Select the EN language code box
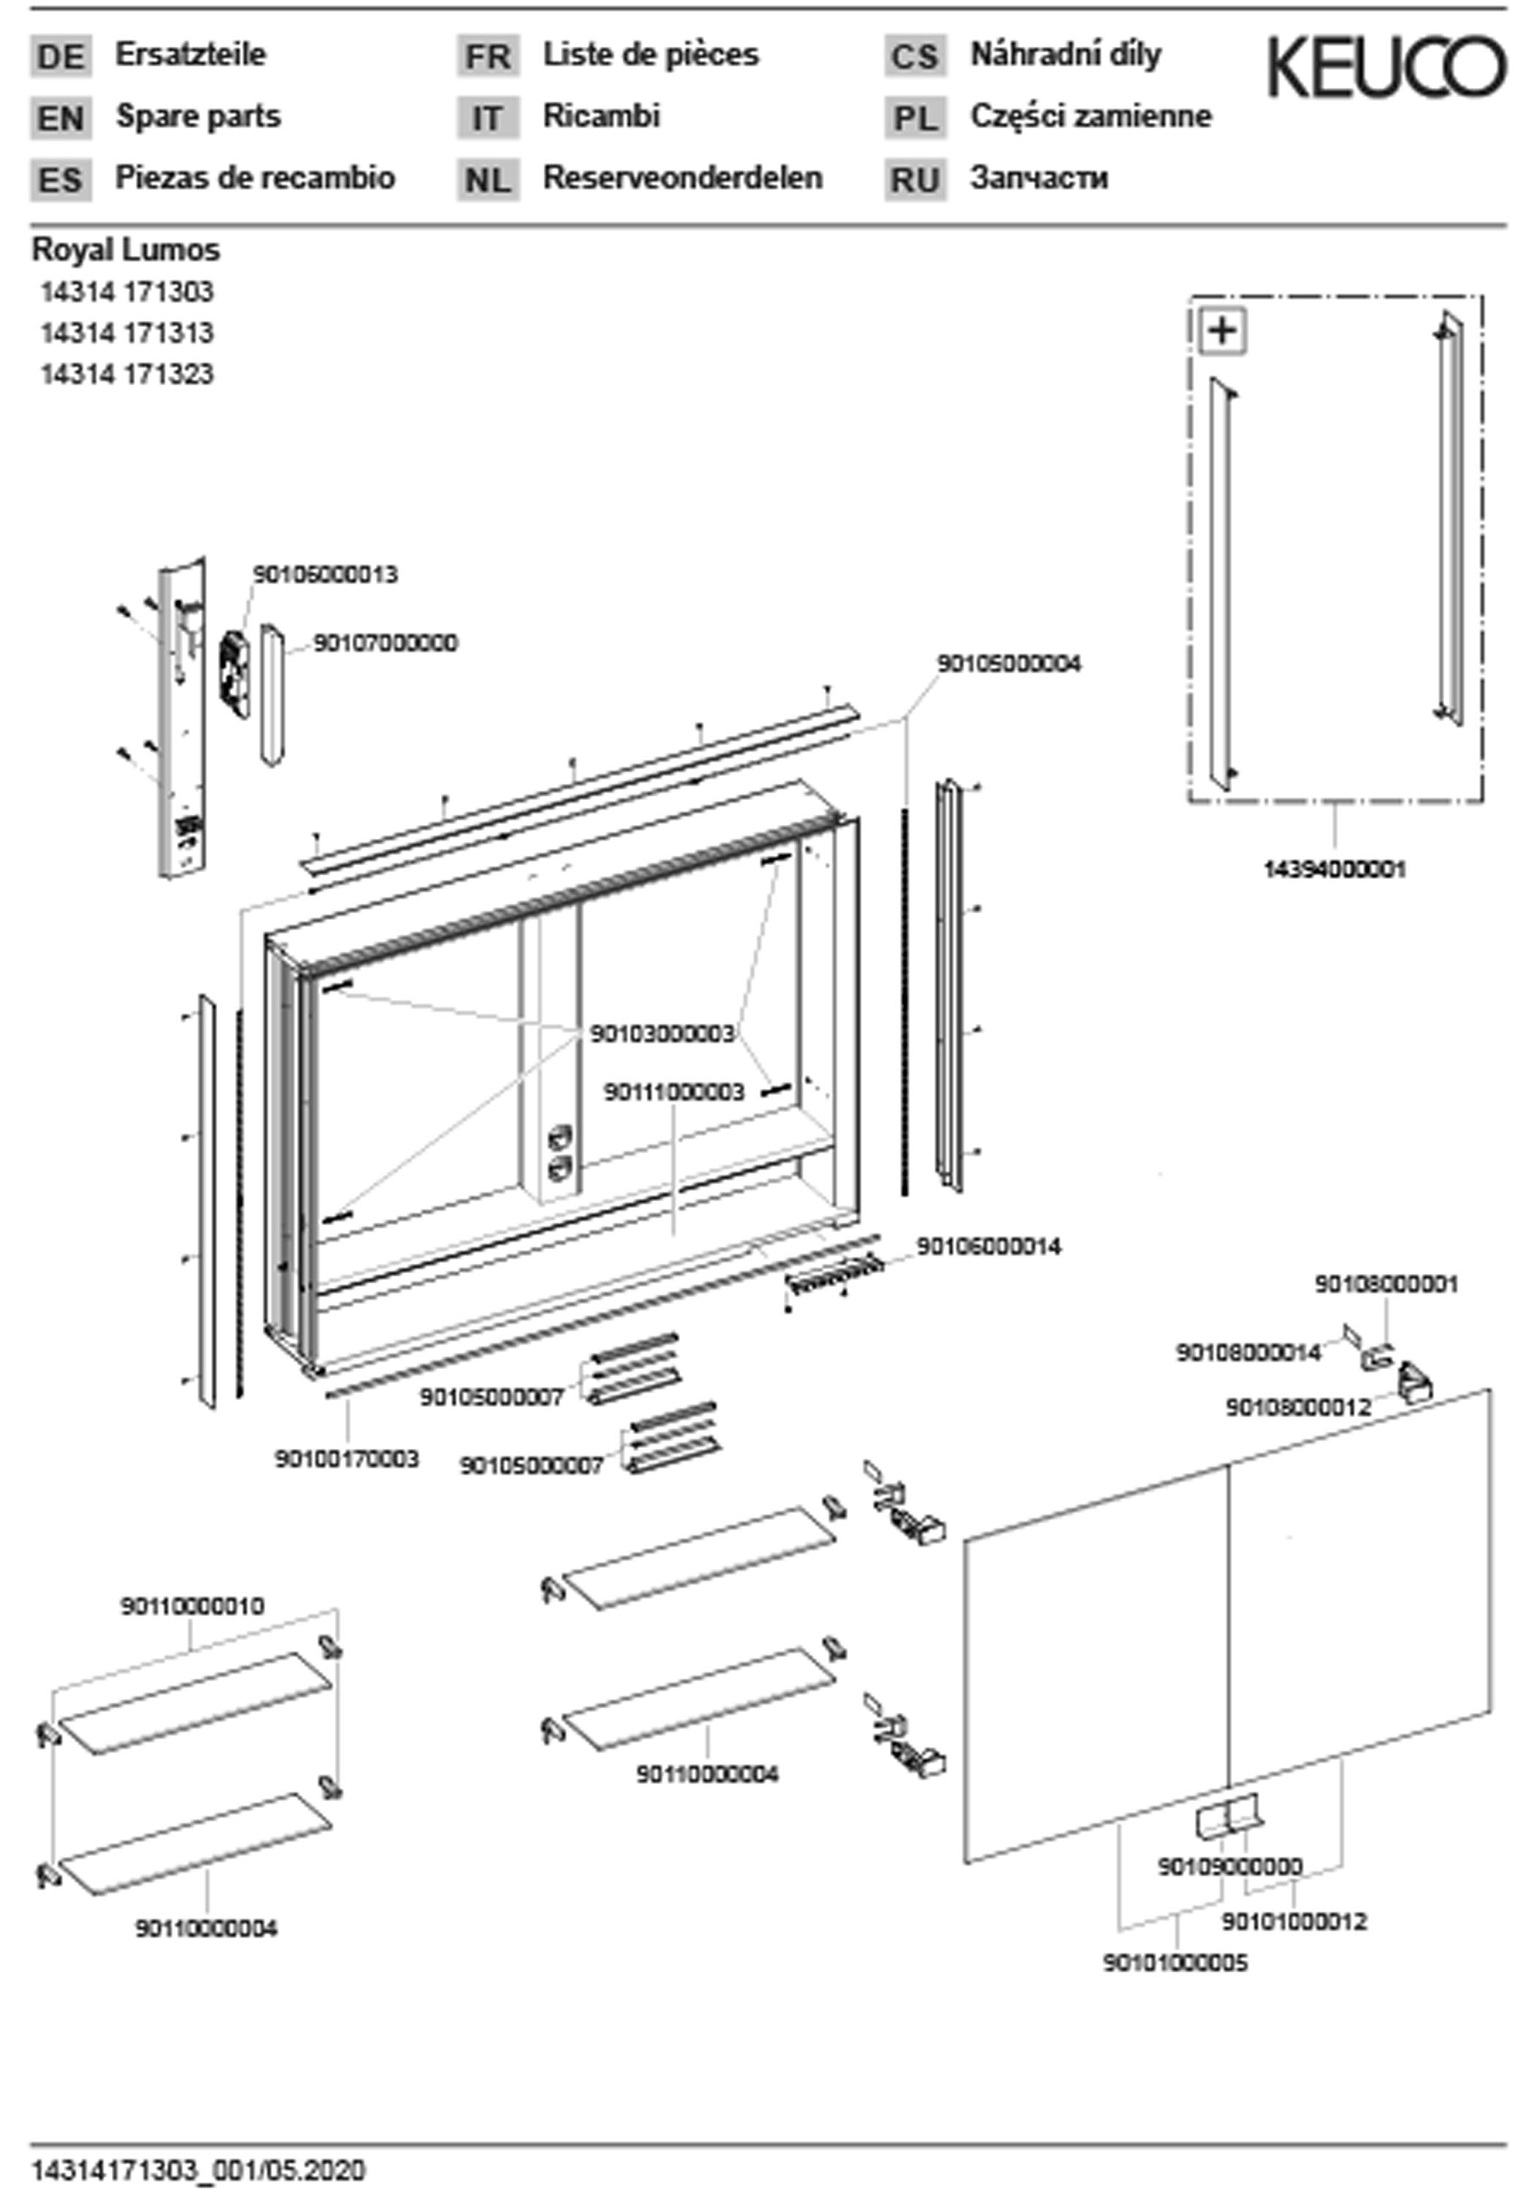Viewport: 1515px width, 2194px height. click(x=61, y=118)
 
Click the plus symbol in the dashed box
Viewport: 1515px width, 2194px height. click(x=1223, y=331)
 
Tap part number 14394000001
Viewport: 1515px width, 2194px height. click(x=1334, y=869)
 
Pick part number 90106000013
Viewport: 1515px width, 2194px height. click(x=325, y=574)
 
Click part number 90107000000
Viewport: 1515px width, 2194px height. click(x=385, y=643)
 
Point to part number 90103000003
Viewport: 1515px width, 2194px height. click(x=662, y=1033)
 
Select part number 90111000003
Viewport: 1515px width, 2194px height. click(x=674, y=1092)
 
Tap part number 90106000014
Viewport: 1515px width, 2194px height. click(x=988, y=1245)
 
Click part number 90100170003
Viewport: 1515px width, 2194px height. click(x=347, y=1458)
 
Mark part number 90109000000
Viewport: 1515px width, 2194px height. click(x=1229, y=1866)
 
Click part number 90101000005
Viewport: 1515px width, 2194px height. click(x=1175, y=1962)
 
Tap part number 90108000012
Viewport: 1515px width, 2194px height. click(x=1298, y=1407)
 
